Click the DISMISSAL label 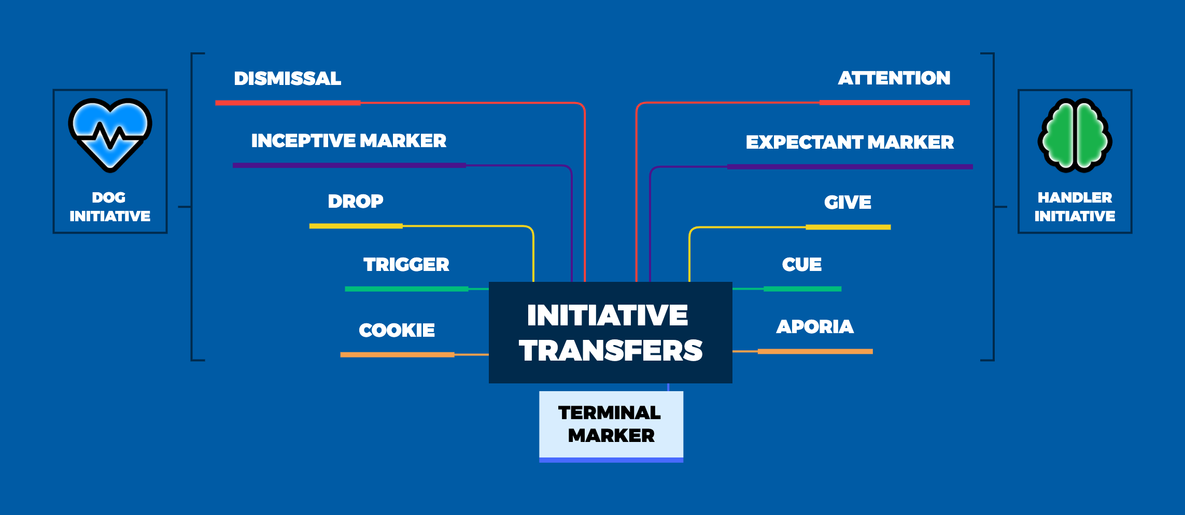pyautogui.click(x=287, y=79)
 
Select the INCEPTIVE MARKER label pyautogui.click(x=348, y=141)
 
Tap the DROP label pyautogui.click(x=356, y=201)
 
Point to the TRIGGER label pyautogui.click(x=406, y=265)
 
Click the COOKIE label pyautogui.click(x=397, y=330)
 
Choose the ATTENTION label pyautogui.click(x=894, y=78)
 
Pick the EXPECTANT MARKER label pyautogui.click(x=850, y=142)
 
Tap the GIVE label pyautogui.click(x=848, y=202)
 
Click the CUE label pyautogui.click(x=801, y=265)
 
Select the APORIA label pyautogui.click(x=815, y=326)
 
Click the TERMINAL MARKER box pyautogui.click(x=611, y=425)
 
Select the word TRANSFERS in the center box pyautogui.click(x=611, y=350)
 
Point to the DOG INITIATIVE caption pyautogui.click(x=110, y=207)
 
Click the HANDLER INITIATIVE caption pyautogui.click(x=1075, y=207)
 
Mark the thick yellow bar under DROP pyautogui.click(x=356, y=226)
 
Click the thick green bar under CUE pyautogui.click(x=802, y=289)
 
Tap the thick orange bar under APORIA pyautogui.click(x=815, y=351)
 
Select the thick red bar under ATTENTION pyautogui.click(x=894, y=103)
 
